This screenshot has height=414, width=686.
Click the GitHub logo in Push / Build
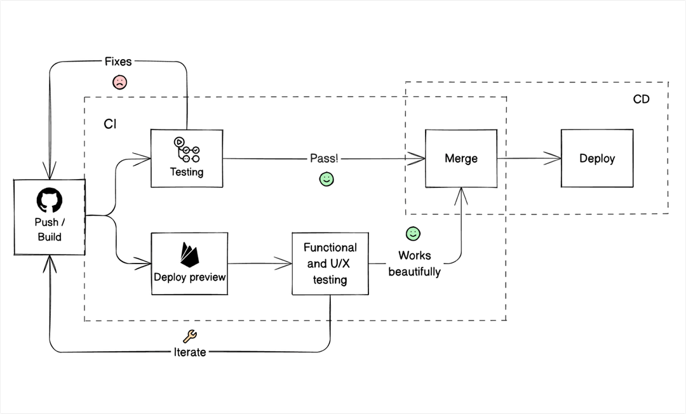tap(50, 201)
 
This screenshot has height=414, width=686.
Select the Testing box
tap(187, 158)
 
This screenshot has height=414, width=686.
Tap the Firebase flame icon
tap(190, 255)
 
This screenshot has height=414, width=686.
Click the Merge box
tap(461, 158)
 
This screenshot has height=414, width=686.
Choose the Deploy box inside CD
tap(597, 158)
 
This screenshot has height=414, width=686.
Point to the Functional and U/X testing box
tap(330, 264)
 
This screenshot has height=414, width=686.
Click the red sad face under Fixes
tap(119, 82)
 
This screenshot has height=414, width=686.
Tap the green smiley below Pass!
tap(326, 179)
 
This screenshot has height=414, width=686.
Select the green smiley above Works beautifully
tap(413, 234)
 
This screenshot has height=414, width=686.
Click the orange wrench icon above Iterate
tap(189, 337)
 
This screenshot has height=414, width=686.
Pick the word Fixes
tap(118, 62)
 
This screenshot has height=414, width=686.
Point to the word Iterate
tap(189, 352)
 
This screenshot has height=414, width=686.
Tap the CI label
tap(110, 124)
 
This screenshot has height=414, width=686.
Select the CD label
tap(642, 99)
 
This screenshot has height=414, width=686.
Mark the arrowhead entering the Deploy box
tap(555, 158)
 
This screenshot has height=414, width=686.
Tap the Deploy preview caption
tap(190, 277)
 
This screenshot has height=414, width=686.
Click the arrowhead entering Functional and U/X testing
tap(286, 263)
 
